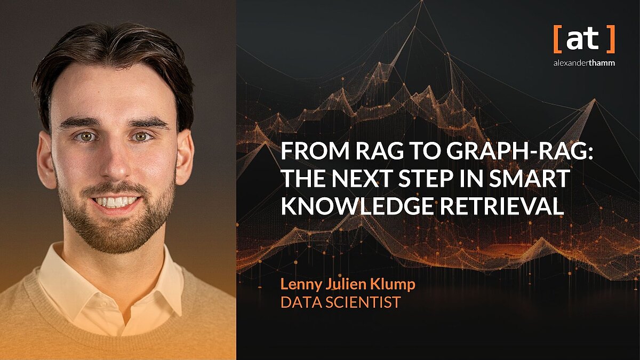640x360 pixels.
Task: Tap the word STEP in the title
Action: tap(427, 180)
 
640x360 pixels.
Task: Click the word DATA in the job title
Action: tap(299, 303)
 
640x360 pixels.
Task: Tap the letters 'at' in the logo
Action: tap(583, 39)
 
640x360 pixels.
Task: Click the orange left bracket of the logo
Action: tap(556, 41)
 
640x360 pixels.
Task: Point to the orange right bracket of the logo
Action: tap(611, 41)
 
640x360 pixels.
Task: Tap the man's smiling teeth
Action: tap(116, 202)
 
